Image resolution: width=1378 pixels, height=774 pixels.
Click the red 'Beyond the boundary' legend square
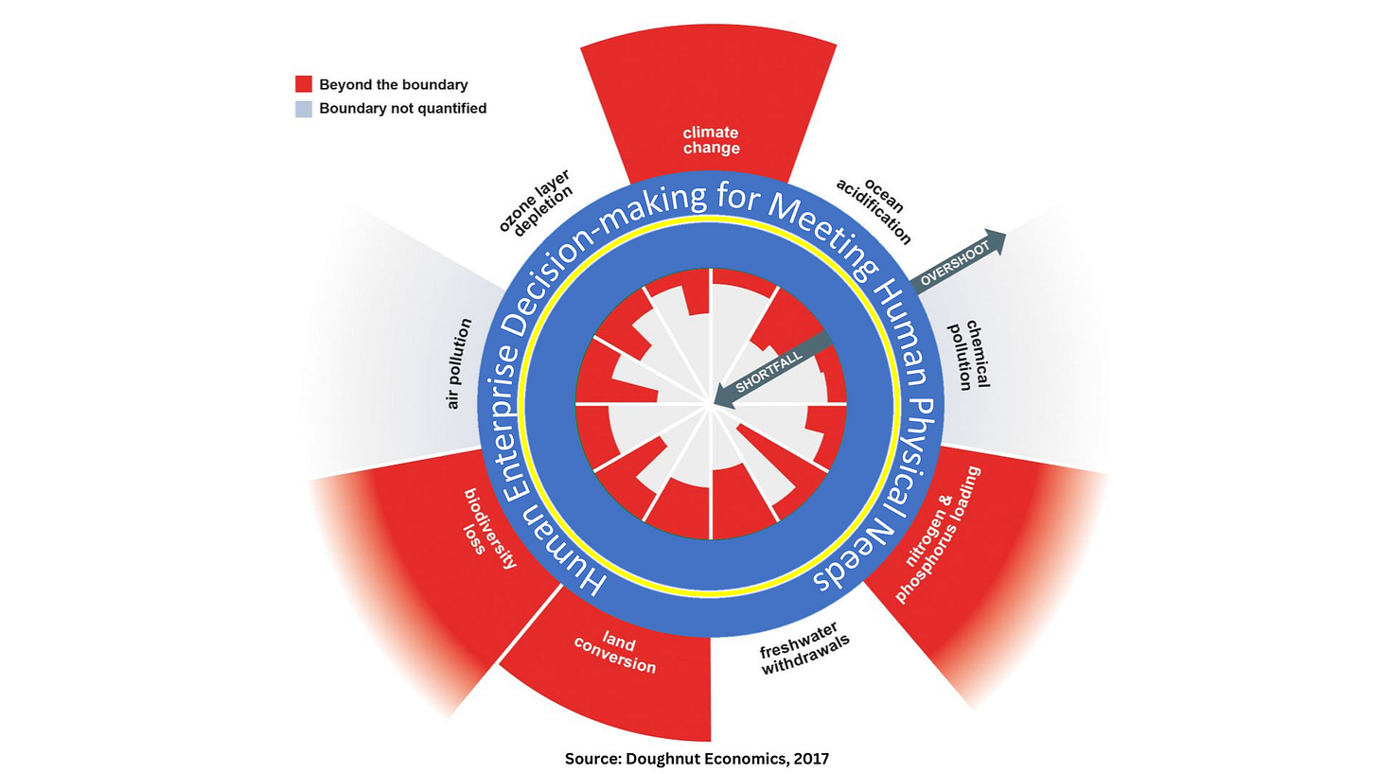pos(304,84)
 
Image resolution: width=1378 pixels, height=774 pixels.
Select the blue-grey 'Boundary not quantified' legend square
pos(304,109)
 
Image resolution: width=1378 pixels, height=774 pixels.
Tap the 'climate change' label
pos(711,140)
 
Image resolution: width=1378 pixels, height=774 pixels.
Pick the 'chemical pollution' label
pos(968,356)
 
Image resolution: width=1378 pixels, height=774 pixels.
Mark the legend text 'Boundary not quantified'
pos(403,109)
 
